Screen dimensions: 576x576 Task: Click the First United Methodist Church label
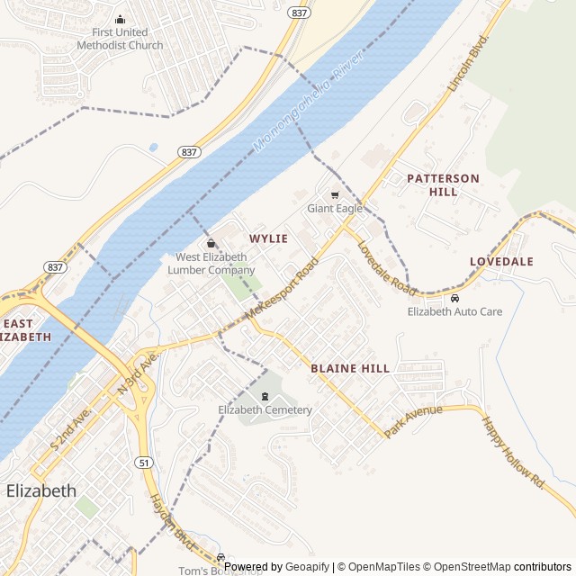tap(120, 40)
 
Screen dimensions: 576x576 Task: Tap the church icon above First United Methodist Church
tap(120, 20)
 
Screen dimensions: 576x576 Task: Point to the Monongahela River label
tap(306, 100)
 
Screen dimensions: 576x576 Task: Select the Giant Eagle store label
tap(335, 209)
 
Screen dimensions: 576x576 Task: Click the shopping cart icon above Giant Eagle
tap(335, 194)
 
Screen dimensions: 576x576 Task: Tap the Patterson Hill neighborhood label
tap(443, 184)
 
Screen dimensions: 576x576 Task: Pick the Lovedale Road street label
tap(385, 267)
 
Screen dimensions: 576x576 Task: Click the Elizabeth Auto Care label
tap(454, 311)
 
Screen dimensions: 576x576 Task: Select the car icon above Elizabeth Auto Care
tap(454, 298)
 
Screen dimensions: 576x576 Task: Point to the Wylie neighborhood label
tap(269, 238)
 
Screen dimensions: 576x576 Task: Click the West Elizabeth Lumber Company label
tap(211, 264)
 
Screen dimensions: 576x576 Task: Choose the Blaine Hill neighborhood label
tap(350, 368)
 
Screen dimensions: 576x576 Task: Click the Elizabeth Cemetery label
tap(265, 410)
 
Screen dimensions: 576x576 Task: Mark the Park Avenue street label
tap(413, 421)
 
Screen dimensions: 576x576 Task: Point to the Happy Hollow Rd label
tap(513, 451)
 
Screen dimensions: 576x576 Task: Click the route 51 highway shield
tap(143, 462)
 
